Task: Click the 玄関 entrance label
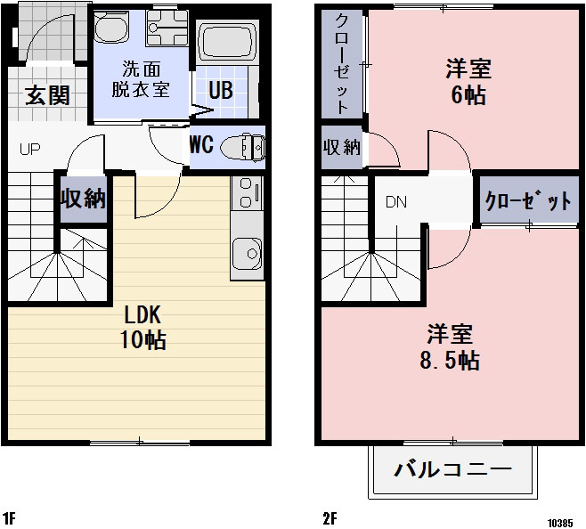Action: (x=47, y=94)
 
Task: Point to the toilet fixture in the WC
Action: (x=242, y=147)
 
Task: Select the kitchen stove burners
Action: (x=247, y=191)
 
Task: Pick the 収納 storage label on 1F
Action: (x=83, y=199)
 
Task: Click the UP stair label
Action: (x=29, y=149)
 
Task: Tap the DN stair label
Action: (x=395, y=201)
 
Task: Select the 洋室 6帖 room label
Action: (x=468, y=80)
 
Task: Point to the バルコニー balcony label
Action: (x=452, y=469)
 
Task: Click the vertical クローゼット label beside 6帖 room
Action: (x=342, y=63)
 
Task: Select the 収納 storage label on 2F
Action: (x=341, y=147)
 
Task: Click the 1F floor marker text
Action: (x=9, y=517)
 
